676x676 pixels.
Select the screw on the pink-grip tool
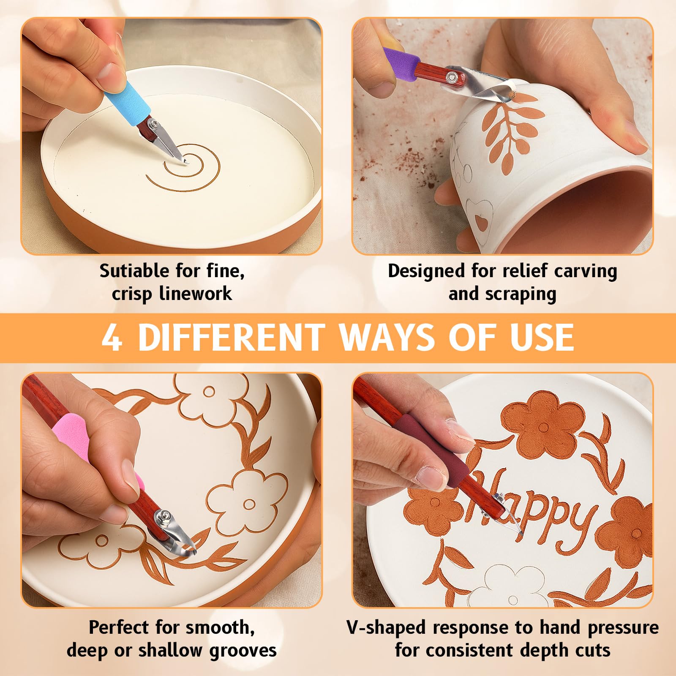[x=160, y=516]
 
